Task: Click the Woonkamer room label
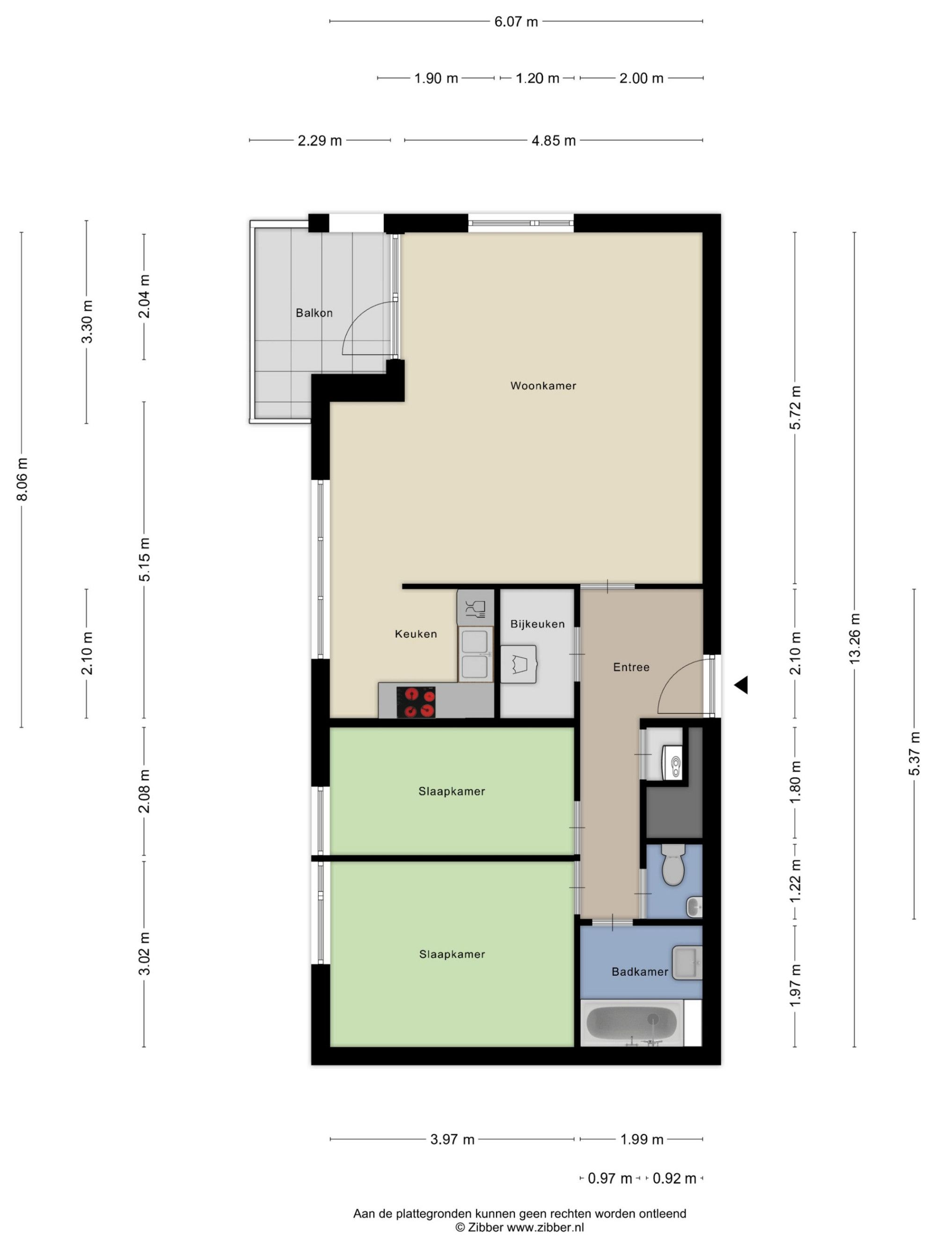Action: tap(543, 386)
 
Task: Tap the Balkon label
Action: tap(314, 313)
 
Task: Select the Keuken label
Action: tap(416, 634)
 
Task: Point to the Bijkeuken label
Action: tap(537, 624)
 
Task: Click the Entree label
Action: tap(631, 667)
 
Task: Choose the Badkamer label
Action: tap(640, 972)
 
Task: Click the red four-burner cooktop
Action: tap(416, 702)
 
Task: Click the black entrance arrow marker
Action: tap(741, 685)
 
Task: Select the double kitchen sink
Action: tap(475, 655)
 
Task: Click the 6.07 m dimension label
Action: tap(516, 22)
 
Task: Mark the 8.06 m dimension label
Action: tap(22, 479)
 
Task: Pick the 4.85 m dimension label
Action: tap(554, 140)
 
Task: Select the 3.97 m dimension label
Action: tap(453, 1139)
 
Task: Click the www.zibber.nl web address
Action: tap(545, 1227)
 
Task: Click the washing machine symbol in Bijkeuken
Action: tap(519, 664)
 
